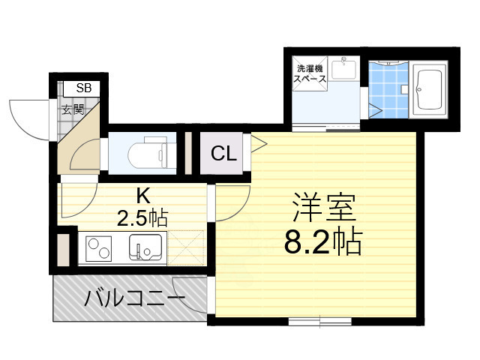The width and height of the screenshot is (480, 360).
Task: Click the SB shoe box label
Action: coord(84,88)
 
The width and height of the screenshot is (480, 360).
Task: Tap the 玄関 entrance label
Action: coord(72,109)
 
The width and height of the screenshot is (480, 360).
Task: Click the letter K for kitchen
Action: coord(142,196)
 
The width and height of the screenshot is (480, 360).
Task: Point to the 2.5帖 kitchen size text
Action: coord(142,218)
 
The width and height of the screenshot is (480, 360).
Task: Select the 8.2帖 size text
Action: coord(322,241)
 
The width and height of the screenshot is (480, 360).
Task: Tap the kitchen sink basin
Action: coord(145,245)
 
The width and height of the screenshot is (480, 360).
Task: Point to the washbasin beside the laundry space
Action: coord(346,70)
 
